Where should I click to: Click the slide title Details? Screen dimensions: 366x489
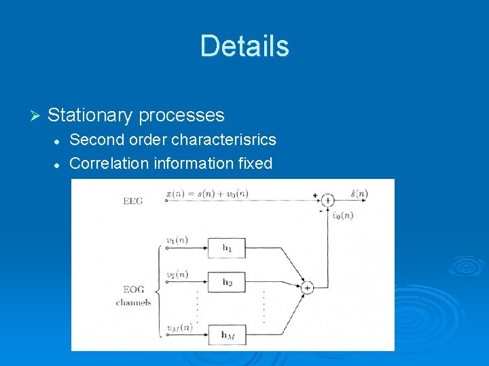click(244, 46)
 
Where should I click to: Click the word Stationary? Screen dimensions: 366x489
click(90, 115)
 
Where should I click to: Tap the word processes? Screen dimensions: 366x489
click(181, 115)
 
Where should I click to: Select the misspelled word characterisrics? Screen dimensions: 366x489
click(223, 140)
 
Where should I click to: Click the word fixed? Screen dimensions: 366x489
click(254, 163)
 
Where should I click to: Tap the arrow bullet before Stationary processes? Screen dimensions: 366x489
click(37, 116)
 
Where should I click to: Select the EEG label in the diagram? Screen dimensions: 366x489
click(133, 201)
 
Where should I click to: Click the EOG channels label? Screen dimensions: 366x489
click(134, 296)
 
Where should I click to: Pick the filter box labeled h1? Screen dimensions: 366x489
click(227, 248)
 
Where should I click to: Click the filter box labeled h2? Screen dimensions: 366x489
click(227, 281)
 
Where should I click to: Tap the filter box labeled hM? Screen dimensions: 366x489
click(227, 333)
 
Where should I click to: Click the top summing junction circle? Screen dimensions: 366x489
click(328, 200)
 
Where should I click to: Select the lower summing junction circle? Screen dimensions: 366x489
click(307, 287)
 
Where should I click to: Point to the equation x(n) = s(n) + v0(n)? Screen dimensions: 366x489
click(207, 194)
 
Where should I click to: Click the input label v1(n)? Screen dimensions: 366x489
click(177, 241)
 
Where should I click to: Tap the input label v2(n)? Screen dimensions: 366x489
click(177, 274)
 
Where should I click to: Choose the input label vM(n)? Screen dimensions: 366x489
click(179, 327)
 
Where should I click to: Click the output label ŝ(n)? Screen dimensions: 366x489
click(359, 194)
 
